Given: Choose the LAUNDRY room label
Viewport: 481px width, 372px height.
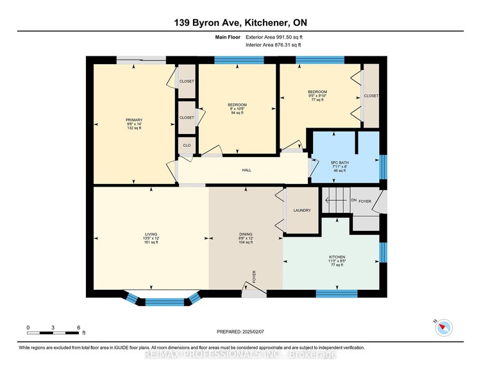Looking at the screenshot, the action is [x=302, y=210].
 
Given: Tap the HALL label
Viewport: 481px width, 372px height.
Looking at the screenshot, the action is [x=247, y=170].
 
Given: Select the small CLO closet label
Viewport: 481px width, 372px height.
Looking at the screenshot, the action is [x=187, y=146].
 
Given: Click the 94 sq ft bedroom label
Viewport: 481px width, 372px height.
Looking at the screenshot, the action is [x=237, y=109].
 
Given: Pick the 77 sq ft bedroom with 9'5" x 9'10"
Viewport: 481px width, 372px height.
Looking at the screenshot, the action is [x=317, y=96].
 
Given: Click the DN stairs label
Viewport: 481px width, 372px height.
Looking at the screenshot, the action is [x=353, y=200].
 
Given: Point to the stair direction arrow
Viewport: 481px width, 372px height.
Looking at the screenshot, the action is [x=337, y=200].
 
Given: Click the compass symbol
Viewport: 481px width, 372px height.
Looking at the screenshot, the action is [x=444, y=328].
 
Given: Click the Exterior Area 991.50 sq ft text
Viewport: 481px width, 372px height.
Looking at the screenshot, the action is [x=274, y=37].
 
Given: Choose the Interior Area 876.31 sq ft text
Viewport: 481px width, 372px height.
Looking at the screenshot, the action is [x=273, y=45].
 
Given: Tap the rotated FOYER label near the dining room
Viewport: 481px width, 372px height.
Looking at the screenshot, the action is [x=254, y=276].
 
